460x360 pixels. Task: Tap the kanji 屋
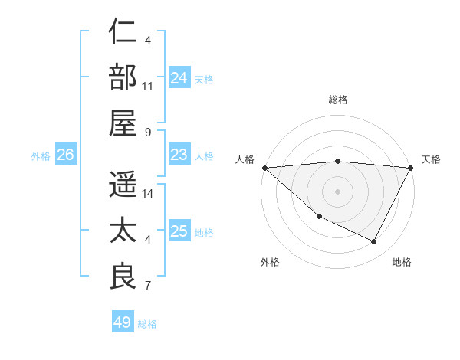(123, 120)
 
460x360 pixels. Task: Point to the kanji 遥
(123, 185)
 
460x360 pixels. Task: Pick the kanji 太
(123, 230)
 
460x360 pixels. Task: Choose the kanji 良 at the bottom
(123, 274)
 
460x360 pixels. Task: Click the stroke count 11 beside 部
(148, 86)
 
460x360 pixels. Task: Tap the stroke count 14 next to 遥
(148, 194)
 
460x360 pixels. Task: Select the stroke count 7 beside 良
(148, 286)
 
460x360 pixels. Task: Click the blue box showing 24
(179, 77)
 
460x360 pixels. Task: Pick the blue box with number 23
(179, 155)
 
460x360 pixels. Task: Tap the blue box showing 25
(179, 231)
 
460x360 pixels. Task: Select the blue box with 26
(65, 155)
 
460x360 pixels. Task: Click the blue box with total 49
(123, 322)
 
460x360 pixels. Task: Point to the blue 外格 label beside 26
(41, 155)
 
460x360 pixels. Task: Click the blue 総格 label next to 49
(148, 323)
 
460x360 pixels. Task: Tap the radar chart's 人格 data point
(264, 168)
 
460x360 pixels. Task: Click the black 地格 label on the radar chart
(402, 262)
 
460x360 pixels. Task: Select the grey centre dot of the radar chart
(338, 191)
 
